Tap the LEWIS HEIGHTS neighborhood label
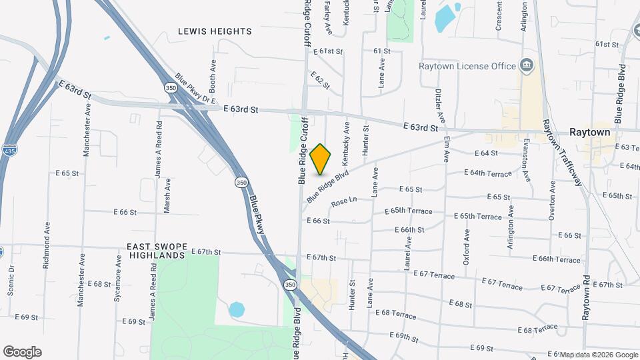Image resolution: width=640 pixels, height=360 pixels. (215, 31)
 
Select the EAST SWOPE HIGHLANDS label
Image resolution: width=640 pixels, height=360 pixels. (155, 251)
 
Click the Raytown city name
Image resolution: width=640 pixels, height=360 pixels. (589, 133)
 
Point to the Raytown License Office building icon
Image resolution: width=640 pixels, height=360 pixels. (527, 65)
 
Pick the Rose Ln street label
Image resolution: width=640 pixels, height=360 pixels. (344, 200)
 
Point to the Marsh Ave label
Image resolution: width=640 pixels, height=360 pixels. (167, 195)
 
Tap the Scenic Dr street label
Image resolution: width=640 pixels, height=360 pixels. (11, 281)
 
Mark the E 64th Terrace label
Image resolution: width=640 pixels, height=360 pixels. (488, 173)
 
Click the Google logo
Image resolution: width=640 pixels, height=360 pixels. (22, 352)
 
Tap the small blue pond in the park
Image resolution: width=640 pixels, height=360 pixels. (236, 309)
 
